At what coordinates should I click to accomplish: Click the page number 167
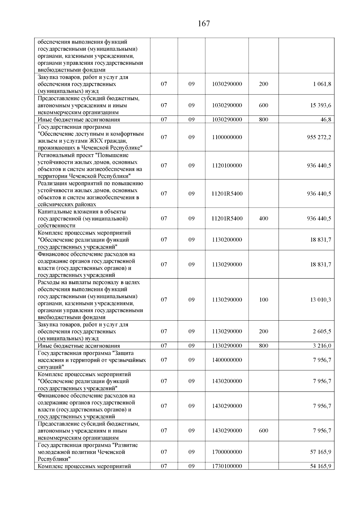coord(204,24)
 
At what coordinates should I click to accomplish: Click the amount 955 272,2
coord(319,137)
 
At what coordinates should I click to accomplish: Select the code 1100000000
coord(227,137)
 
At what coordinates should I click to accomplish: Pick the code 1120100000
coord(227,165)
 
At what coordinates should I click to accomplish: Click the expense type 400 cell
coord(263,218)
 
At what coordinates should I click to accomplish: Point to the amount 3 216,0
coord(322,346)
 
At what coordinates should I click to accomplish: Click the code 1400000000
coord(227,360)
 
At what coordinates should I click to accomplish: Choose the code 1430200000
coord(227,381)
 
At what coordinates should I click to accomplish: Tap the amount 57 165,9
coord(320,452)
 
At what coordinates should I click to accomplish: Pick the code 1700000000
coord(227,452)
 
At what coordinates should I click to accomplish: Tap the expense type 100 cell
coord(263,300)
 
